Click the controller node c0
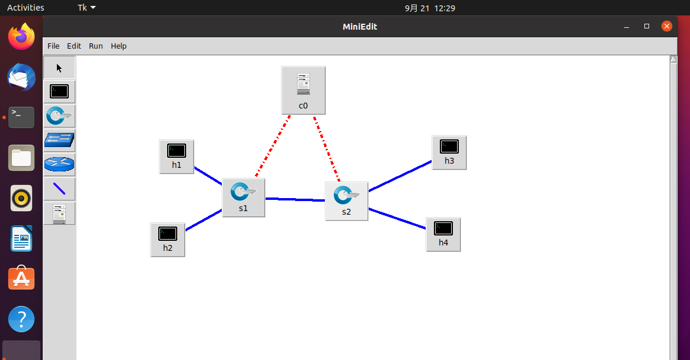click(303, 90)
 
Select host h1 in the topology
click(177, 157)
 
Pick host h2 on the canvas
click(168, 240)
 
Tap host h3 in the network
click(449, 152)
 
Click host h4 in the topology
click(443, 234)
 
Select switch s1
click(244, 197)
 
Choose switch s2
click(346, 201)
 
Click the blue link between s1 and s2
click(295, 199)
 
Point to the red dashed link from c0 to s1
click(273, 146)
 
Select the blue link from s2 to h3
click(400, 176)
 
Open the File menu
click(53, 46)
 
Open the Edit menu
click(74, 46)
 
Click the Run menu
click(96, 46)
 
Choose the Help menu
click(119, 46)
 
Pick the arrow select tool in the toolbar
click(59, 68)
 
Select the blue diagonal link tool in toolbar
click(59, 189)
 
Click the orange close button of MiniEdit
click(667, 26)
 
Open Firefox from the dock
click(21, 37)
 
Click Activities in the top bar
click(25, 8)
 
